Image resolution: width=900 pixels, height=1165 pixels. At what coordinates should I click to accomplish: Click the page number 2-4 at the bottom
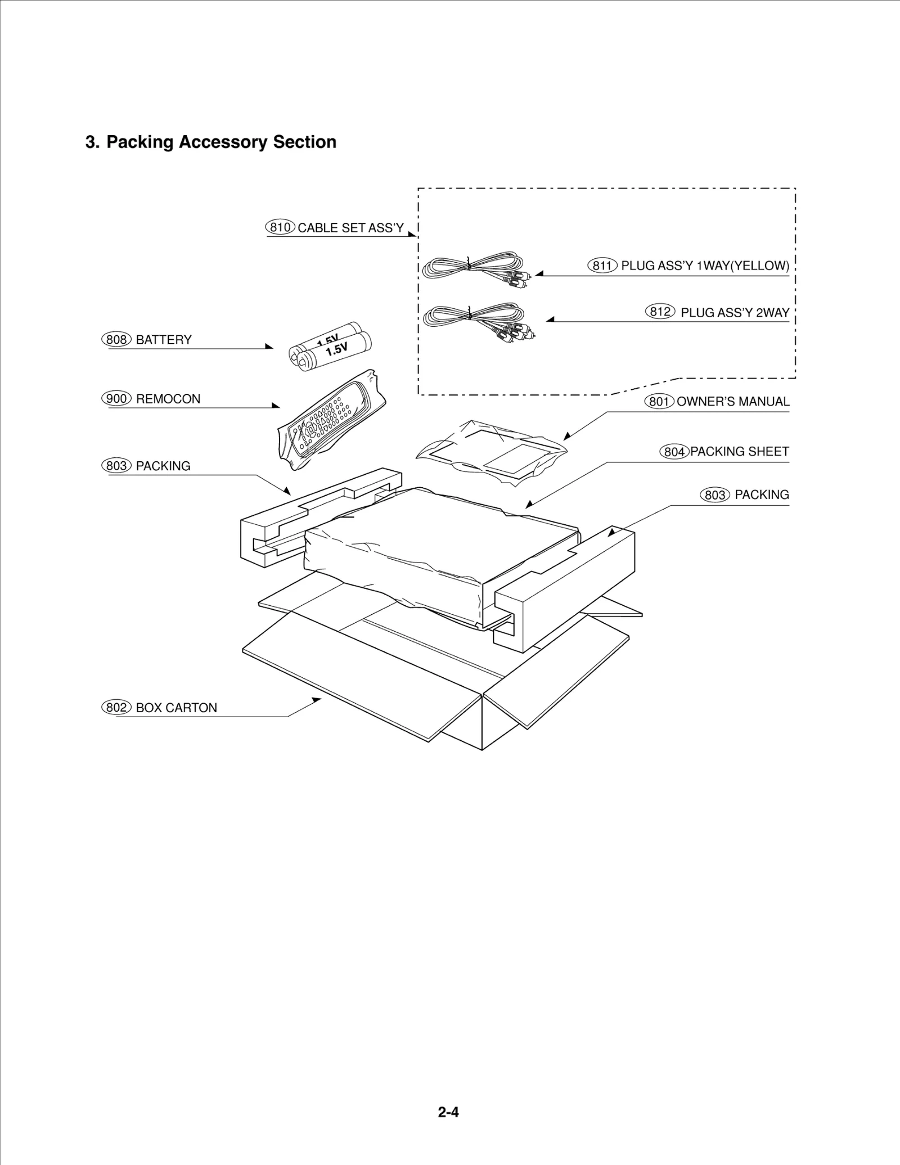[448, 1112]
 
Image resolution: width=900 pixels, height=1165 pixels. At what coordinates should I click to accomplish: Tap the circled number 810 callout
[280, 227]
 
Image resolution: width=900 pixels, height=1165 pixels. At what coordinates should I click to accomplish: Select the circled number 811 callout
[602, 266]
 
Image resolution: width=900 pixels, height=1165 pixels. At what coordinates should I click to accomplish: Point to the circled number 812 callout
[660, 312]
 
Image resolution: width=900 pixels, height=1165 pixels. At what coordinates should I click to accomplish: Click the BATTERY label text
[164, 340]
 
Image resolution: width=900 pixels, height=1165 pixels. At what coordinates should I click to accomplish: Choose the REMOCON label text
[168, 399]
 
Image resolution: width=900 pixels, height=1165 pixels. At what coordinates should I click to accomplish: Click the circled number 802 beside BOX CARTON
[116, 707]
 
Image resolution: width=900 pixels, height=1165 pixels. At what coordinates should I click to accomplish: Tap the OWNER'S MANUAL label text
[732, 402]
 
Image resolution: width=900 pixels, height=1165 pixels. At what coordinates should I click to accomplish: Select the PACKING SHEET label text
[739, 451]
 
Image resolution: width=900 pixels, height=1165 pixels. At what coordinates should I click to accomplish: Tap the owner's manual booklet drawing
[491, 448]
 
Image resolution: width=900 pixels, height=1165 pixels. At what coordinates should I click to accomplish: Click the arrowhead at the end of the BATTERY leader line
[269, 347]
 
